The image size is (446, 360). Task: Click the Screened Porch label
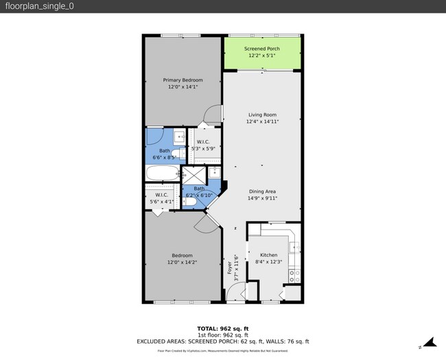click(x=261, y=49)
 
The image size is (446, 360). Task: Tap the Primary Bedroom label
click(x=183, y=80)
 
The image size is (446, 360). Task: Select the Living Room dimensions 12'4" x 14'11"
click(x=261, y=121)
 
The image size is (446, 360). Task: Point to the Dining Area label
click(x=261, y=191)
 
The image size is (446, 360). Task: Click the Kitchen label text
click(x=268, y=255)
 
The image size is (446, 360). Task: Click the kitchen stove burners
click(x=294, y=276)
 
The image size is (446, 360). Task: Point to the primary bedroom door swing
click(x=214, y=112)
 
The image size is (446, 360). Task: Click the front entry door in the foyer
click(x=235, y=293)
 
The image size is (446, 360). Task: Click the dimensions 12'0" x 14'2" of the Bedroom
click(x=183, y=262)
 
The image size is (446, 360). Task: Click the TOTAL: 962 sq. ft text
click(x=223, y=328)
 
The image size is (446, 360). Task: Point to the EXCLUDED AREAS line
click(x=223, y=341)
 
